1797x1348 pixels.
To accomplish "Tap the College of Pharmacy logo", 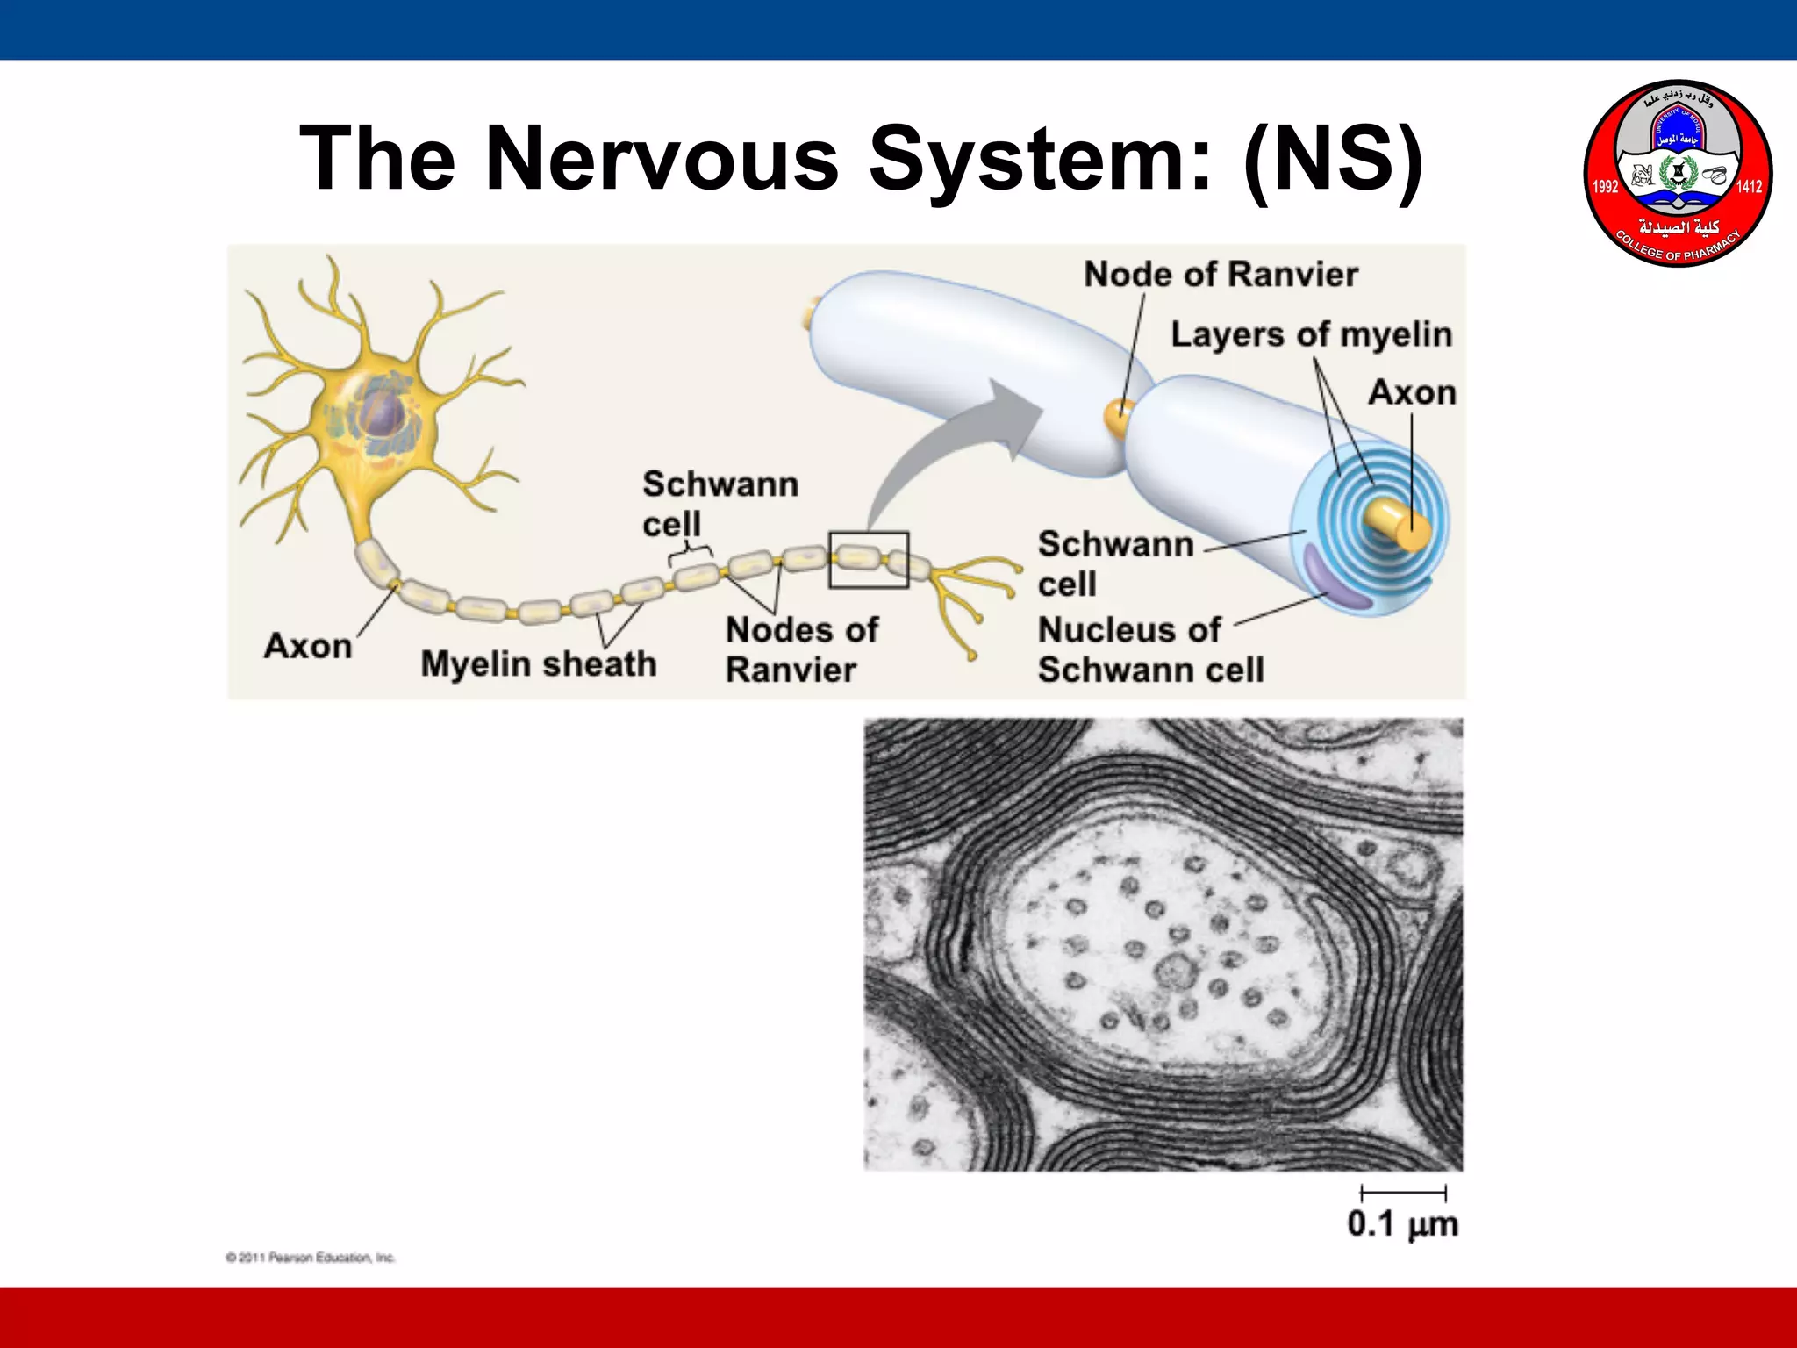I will click(1677, 174).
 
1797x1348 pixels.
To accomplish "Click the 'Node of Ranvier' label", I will click(1221, 275).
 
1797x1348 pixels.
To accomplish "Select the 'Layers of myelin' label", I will click(1311, 335).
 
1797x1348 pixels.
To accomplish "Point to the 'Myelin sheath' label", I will click(538, 664).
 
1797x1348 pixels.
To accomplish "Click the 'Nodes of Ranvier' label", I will click(800, 649).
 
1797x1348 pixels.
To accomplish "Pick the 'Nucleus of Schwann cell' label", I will click(1150, 649).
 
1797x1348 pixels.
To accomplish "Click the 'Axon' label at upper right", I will click(1412, 393).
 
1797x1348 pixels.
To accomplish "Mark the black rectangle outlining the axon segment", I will click(869, 559).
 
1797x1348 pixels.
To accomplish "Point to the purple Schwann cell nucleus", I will click(1334, 579).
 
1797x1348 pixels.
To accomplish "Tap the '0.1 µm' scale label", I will click(1402, 1224).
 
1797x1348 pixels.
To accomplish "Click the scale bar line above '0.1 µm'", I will click(1403, 1193).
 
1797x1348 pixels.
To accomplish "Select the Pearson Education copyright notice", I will click(311, 1258).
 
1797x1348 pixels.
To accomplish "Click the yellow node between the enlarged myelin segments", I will click(1118, 419).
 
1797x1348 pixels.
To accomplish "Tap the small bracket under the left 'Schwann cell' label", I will click(689, 555).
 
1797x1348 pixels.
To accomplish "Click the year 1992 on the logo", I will click(1605, 186).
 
